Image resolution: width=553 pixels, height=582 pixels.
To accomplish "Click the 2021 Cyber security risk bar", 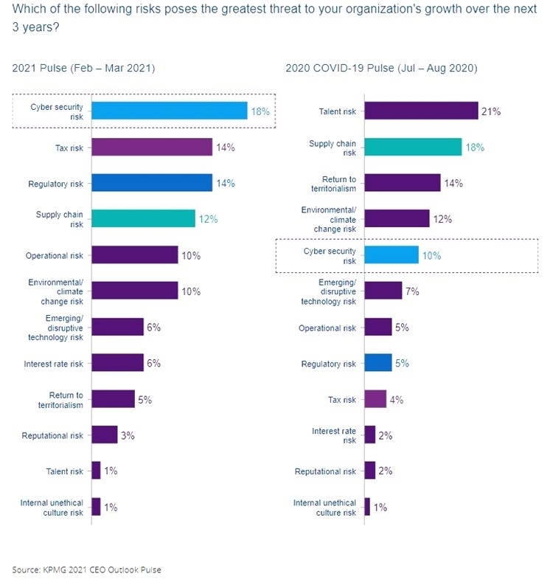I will pos(170,111).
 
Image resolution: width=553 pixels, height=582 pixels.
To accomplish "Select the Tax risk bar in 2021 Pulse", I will pos(152,147).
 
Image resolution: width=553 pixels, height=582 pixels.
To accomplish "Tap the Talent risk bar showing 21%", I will pos(421,111).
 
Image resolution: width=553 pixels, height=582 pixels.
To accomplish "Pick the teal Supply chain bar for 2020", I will pos(413,147).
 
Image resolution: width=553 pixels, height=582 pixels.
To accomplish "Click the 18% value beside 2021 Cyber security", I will pos(261,111).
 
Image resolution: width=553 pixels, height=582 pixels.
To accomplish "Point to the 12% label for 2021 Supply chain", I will pos(209,219).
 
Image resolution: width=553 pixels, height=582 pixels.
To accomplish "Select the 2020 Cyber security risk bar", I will pos(391,255).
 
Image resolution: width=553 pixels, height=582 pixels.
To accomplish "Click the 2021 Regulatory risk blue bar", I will pos(152,183).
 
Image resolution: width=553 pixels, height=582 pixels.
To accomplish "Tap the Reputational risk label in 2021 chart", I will pos(52,435).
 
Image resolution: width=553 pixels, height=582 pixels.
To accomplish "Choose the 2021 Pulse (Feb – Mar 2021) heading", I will pos(83,69).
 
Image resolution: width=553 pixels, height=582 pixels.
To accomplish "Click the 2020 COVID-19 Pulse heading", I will pos(381,69).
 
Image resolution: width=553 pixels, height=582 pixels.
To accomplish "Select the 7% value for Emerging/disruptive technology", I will pos(412,291).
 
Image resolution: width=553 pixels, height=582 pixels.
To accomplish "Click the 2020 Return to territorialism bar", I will pos(402,183).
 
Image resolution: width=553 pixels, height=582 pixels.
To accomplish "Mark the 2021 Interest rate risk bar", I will pos(117,363).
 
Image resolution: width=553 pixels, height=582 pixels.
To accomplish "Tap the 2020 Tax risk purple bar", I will pos(375,400).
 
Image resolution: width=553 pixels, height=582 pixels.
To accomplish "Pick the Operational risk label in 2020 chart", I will pos(327,328).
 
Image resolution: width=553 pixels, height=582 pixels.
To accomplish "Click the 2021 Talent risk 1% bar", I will pos(96,471).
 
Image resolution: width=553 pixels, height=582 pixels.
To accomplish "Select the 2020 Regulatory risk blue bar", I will pos(378,364).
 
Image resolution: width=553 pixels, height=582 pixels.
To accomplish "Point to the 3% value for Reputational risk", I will pos(128,435).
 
